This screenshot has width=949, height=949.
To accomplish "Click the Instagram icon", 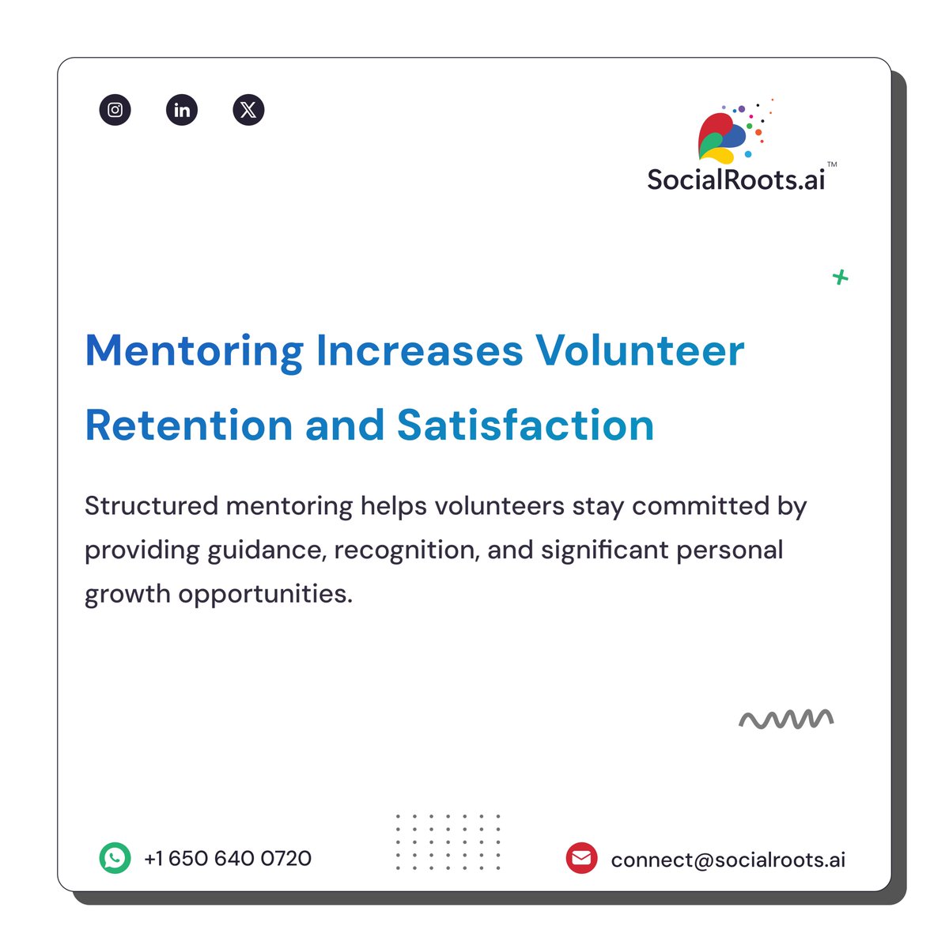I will tap(115, 110).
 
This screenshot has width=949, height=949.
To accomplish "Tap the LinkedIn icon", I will tap(182, 110).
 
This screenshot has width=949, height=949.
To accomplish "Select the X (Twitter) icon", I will tap(248, 110).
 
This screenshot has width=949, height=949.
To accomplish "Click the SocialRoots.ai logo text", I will tap(735, 180).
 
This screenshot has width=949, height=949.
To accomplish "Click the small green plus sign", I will tap(840, 277).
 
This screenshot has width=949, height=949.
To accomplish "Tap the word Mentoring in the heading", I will tap(194, 351).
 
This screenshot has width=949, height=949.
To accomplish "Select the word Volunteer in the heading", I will tap(640, 351).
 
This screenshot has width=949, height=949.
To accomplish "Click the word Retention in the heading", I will tap(188, 425).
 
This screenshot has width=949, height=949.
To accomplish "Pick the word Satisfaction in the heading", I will tap(525, 425).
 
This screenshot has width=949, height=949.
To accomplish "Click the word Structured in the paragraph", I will tap(151, 506).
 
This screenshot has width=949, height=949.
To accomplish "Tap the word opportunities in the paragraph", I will tap(265, 594).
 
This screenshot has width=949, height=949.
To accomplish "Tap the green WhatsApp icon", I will tap(115, 858).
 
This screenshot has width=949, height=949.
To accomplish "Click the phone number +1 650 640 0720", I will tap(228, 858).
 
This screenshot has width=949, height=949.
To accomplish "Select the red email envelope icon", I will tap(581, 858).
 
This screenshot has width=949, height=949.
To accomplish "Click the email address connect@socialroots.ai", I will tap(728, 860).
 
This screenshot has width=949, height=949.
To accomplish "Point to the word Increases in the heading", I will tap(419, 351).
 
